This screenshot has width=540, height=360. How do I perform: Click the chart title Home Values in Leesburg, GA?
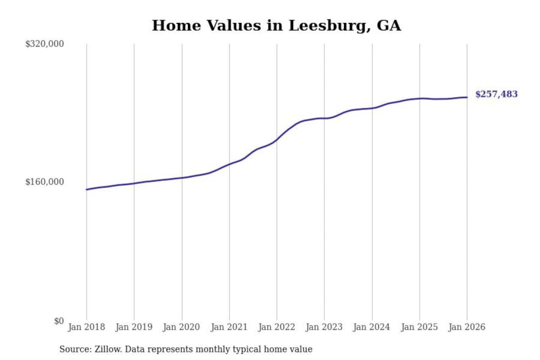click(x=276, y=25)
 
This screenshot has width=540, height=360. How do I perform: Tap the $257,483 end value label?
click(x=496, y=94)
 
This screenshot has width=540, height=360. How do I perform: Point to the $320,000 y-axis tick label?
click(x=44, y=44)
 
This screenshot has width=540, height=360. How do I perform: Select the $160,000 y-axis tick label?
click(x=44, y=182)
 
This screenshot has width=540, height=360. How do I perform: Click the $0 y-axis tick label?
click(x=58, y=321)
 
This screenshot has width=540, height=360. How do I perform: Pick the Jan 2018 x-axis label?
click(x=86, y=327)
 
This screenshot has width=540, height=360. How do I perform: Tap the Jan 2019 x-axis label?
click(x=134, y=327)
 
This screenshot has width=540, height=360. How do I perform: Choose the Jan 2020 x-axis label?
click(x=181, y=327)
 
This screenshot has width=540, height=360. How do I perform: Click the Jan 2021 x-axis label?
click(x=229, y=327)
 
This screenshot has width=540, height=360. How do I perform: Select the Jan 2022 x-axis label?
click(x=277, y=327)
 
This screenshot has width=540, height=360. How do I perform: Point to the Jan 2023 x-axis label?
click(x=324, y=327)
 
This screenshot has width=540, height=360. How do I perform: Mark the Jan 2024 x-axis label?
click(x=372, y=327)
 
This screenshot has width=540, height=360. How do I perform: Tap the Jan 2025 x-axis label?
click(x=419, y=327)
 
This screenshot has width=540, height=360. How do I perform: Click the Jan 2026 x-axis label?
click(x=467, y=327)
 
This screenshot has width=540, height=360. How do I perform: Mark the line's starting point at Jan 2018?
click(x=87, y=189)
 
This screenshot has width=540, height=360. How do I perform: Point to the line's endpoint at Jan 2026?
click(x=467, y=97)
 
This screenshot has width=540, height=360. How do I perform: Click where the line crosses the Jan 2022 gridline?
click(x=277, y=139)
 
